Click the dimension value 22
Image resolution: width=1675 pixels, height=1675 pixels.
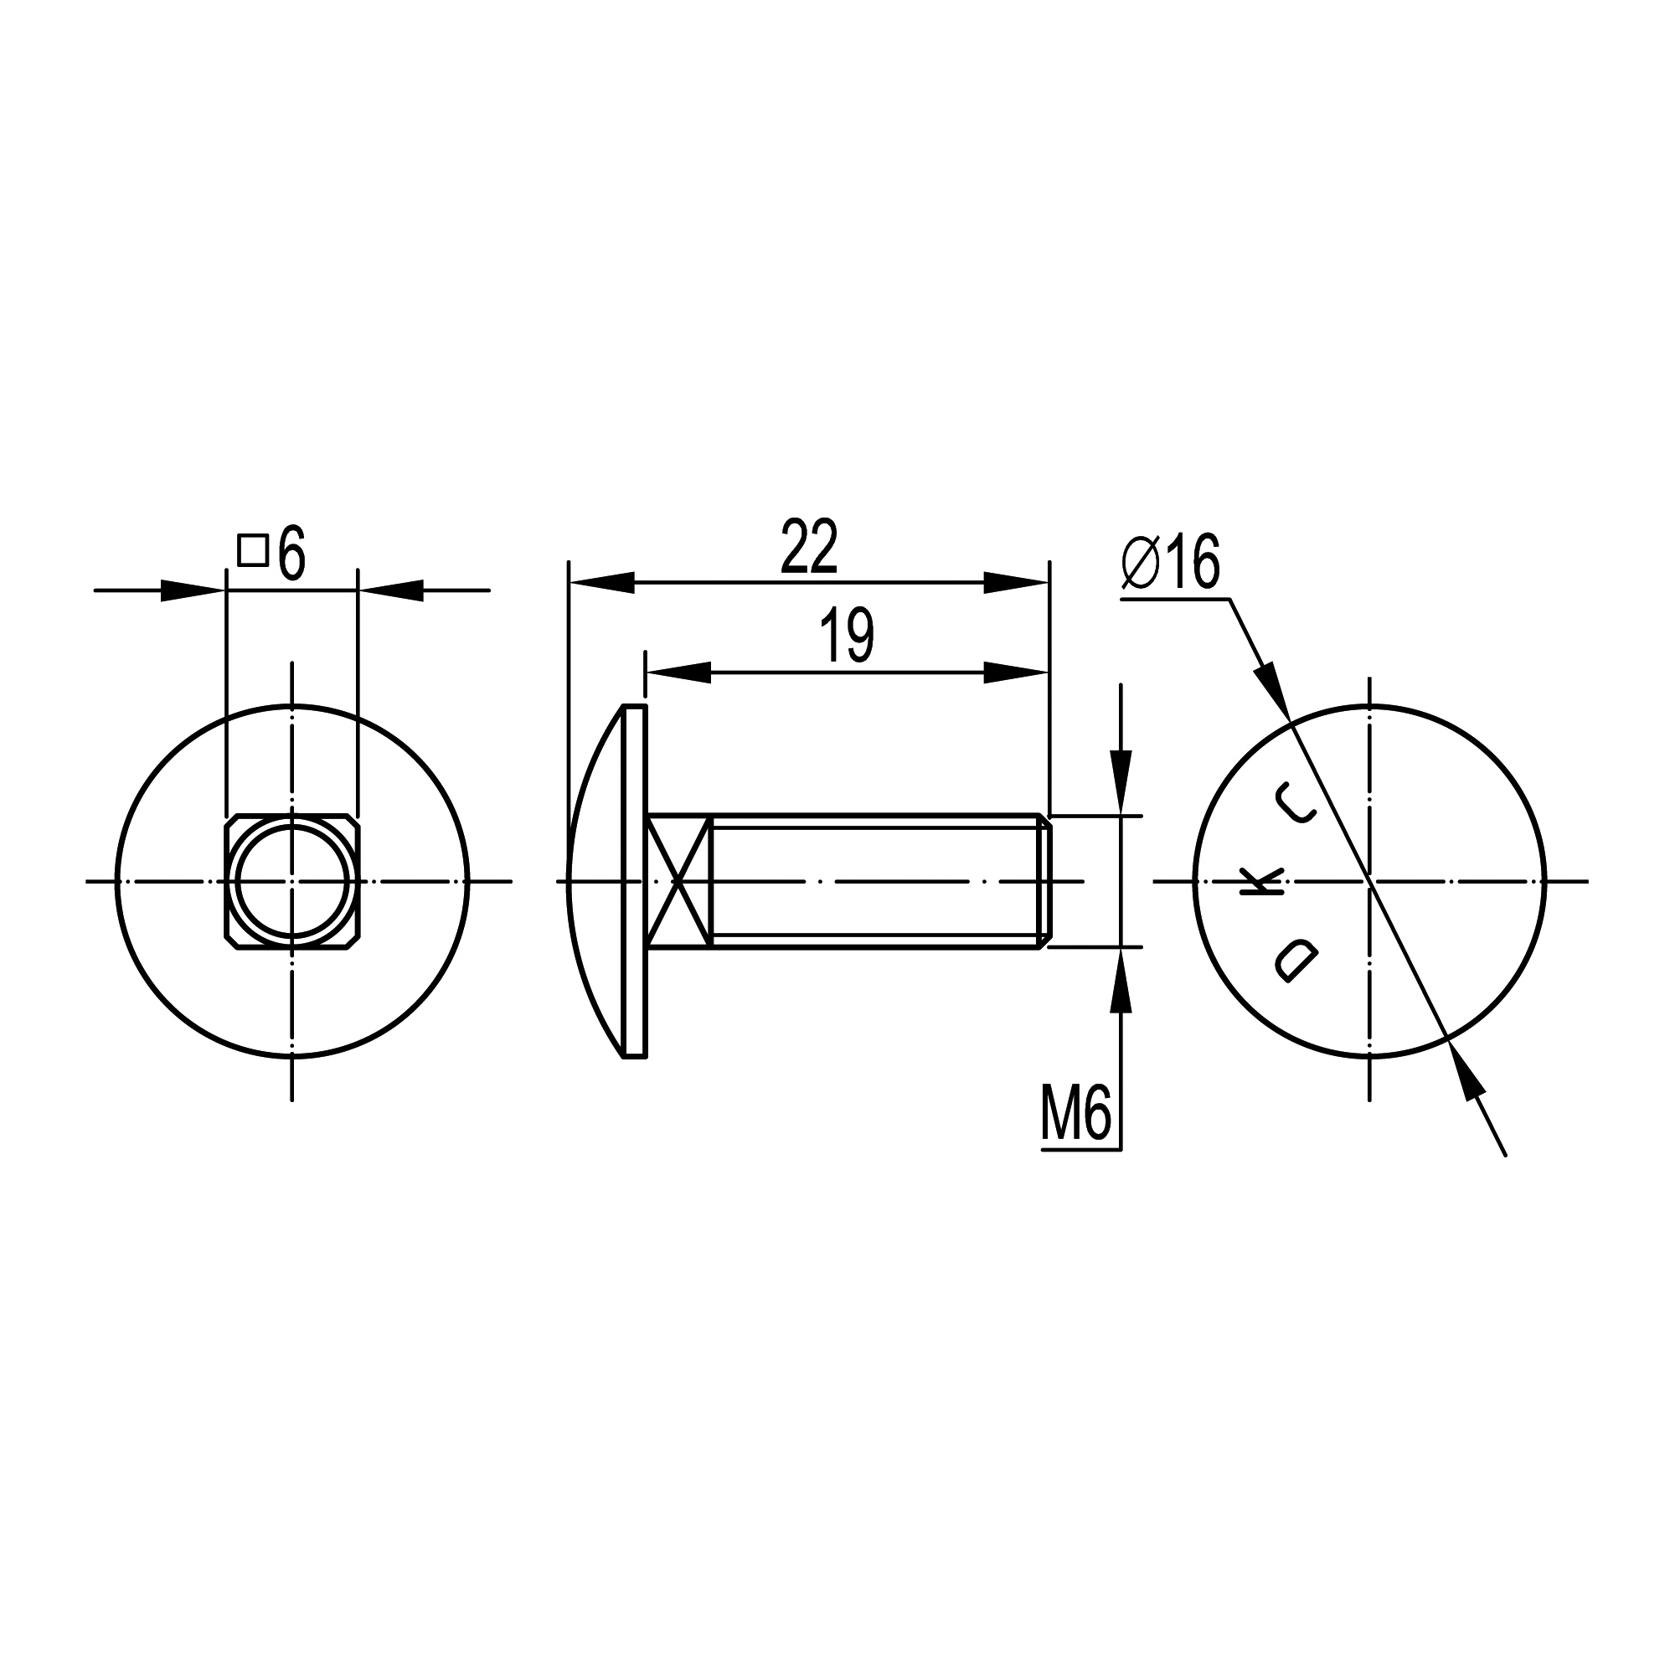coord(809,547)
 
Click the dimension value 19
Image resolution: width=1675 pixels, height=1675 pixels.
coord(847,636)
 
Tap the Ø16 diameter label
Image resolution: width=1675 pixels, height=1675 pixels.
coord(1171,562)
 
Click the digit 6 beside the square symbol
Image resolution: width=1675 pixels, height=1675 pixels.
coord(293,552)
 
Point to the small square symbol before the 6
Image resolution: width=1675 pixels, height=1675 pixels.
coord(252,550)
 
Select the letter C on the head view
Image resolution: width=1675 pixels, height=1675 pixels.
coord(1298,802)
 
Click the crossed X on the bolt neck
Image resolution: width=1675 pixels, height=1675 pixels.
coord(680,881)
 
